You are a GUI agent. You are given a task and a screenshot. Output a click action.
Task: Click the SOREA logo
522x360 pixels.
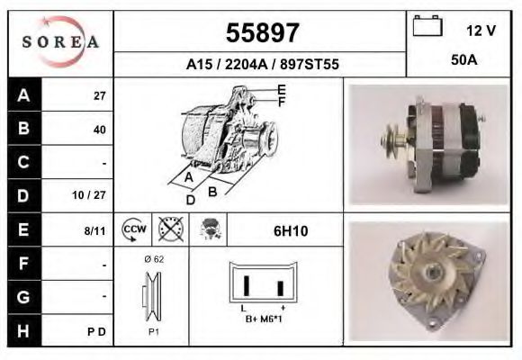pos(60,42)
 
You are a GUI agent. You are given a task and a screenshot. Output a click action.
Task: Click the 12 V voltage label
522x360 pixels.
pos(481,31)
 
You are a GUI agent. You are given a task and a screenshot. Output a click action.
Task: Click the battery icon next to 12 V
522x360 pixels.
pos(426,27)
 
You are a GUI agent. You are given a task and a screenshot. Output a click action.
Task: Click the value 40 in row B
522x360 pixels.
pos(100,130)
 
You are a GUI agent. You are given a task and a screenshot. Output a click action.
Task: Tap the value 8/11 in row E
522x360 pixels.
pos(95,230)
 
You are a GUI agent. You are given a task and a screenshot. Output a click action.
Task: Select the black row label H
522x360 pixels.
pos(24,330)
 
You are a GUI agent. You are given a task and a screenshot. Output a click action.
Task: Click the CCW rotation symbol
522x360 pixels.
pos(133,230)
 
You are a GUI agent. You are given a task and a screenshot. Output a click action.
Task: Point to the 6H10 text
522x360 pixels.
pos(290,231)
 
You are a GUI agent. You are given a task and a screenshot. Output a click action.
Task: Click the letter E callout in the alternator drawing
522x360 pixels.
pos(281,89)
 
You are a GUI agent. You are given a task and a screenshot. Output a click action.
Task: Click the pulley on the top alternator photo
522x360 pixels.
pos(393,139)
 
